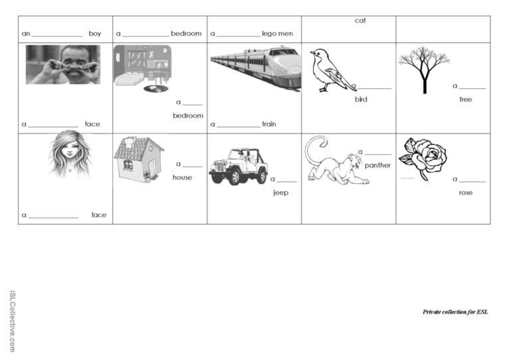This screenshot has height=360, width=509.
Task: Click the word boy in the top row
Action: click(95, 33)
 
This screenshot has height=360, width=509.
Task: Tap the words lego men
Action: click(277, 34)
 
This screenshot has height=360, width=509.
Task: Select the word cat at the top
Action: click(360, 21)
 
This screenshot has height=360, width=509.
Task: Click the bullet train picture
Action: click(256, 68)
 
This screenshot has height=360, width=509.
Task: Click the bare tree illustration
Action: click(424, 70)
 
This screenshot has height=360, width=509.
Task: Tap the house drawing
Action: click(139, 159)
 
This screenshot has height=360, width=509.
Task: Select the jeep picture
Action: click(239, 167)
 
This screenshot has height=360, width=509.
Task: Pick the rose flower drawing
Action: click(423, 159)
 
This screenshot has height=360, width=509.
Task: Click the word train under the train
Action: click(269, 124)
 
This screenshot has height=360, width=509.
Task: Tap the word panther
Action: click(377, 165)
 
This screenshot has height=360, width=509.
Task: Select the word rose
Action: click(466, 193)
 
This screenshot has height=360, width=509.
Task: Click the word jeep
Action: click(281, 193)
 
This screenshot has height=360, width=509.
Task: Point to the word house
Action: click(182, 177)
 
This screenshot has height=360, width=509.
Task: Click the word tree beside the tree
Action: click(466, 100)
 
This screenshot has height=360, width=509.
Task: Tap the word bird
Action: click(361, 100)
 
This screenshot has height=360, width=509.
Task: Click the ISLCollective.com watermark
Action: click(12, 321)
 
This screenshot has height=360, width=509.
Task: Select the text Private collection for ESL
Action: click(455, 312)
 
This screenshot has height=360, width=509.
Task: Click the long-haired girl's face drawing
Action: click(70, 154)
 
